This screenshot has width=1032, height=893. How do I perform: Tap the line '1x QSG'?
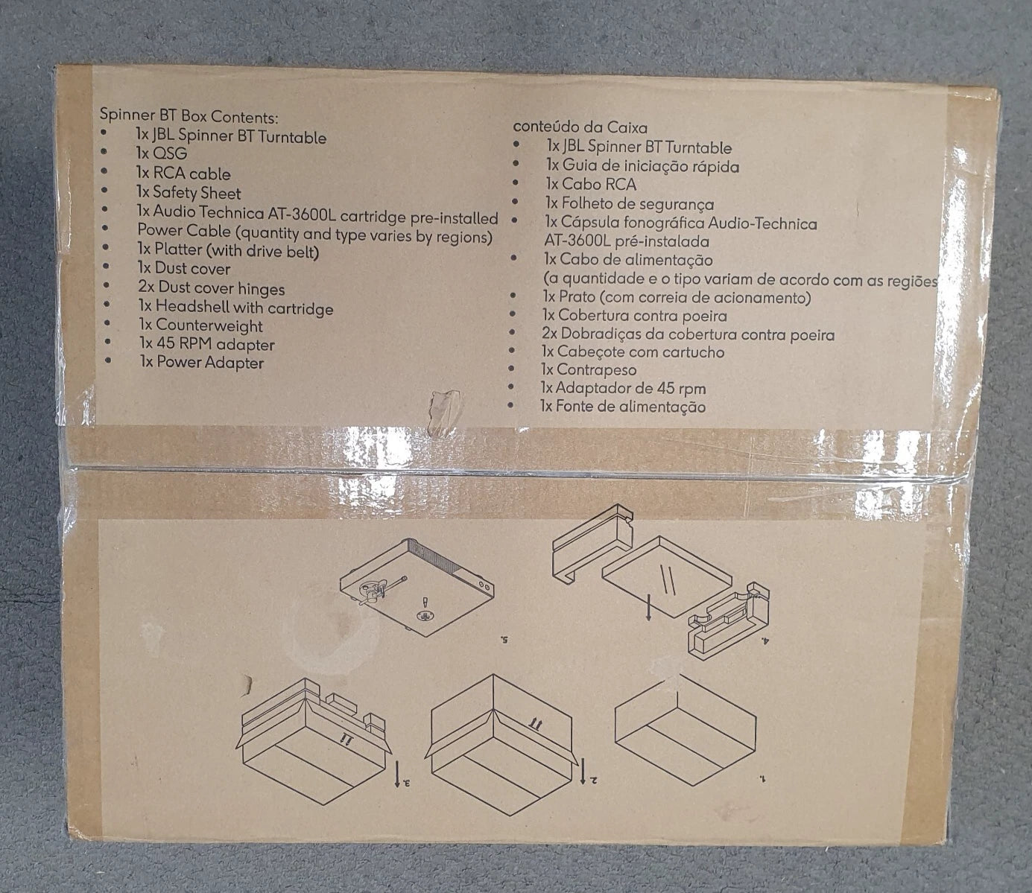coord(161,153)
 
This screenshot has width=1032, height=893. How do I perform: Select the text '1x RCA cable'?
coord(183,174)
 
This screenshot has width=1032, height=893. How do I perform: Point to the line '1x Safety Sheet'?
coord(189,193)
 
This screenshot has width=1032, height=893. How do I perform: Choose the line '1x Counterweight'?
coord(200,325)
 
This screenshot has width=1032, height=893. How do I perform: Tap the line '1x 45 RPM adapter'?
coord(206,344)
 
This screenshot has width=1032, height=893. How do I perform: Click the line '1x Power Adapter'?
coord(202,363)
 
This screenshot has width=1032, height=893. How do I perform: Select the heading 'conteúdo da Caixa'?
coord(580,127)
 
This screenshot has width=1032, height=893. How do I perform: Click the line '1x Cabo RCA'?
coord(592,184)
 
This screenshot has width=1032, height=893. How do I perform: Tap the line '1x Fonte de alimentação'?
coord(623,407)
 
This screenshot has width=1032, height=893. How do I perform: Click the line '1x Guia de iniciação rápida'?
coord(642,166)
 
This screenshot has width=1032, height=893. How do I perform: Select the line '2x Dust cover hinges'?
coord(212,288)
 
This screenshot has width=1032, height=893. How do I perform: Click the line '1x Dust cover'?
coord(184,268)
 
